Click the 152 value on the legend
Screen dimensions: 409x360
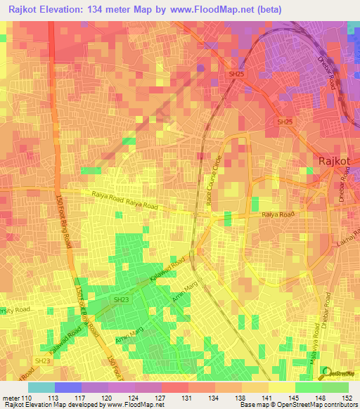(348, 397)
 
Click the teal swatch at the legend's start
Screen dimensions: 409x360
(41, 387)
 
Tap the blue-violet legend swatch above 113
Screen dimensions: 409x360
(67, 387)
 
